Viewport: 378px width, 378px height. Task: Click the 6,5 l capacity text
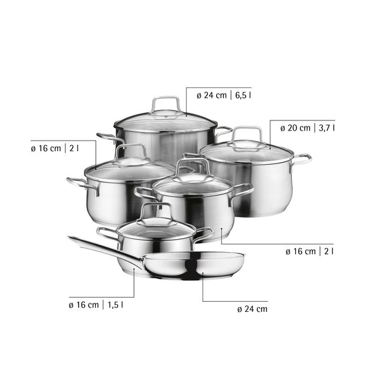[243, 96]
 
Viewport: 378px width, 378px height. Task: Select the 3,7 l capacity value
[327, 128]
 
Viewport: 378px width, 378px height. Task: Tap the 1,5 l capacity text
[115, 305]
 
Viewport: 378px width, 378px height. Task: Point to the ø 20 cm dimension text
[295, 128]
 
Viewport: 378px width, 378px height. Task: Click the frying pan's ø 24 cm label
[252, 309]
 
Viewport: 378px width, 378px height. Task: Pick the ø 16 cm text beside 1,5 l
[84, 305]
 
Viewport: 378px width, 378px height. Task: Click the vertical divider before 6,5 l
[231, 96]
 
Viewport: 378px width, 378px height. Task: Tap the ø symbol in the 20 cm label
[283, 129]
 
